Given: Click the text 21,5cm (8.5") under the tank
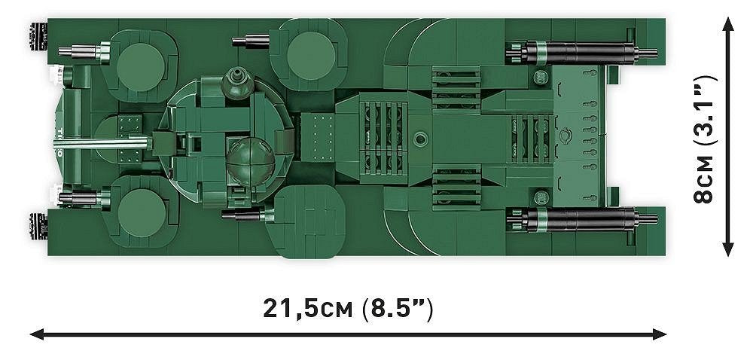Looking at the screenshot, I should (348, 309).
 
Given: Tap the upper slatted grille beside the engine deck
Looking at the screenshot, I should (456, 88).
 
